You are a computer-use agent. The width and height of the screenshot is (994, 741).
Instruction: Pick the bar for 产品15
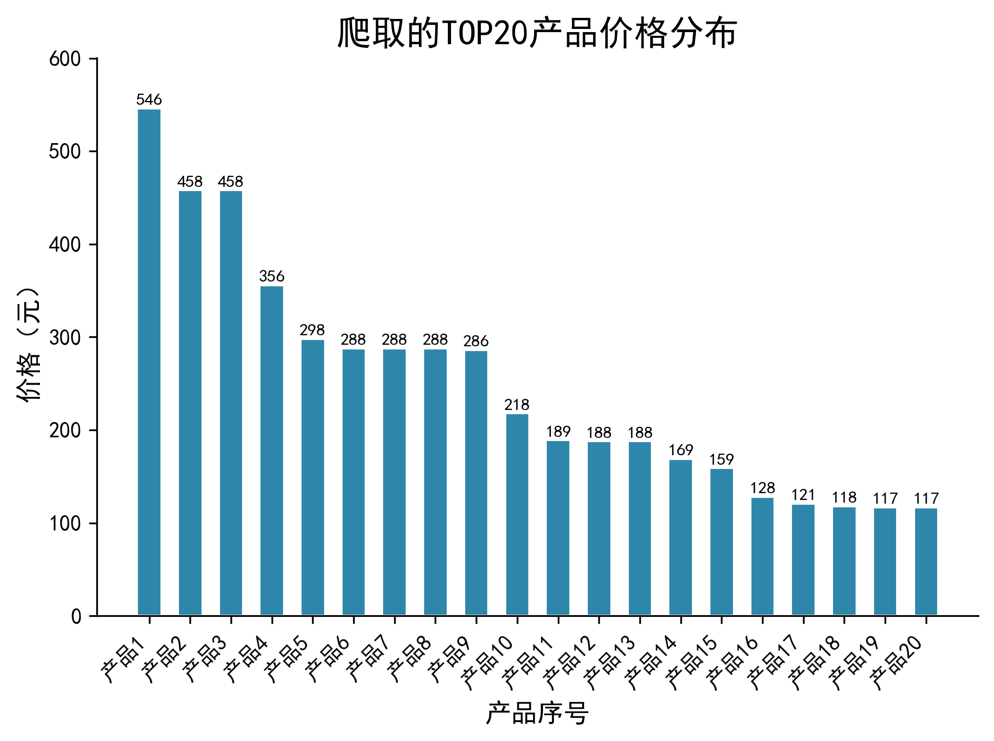(721, 542)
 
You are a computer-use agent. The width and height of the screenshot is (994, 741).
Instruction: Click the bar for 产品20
(926, 562)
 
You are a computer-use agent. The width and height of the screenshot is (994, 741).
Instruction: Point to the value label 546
(149, 99)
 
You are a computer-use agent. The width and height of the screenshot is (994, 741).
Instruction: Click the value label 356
(272, 276)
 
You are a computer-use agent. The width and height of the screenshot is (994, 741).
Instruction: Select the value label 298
(313, 330)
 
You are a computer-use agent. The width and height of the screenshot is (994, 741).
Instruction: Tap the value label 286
(476, 341)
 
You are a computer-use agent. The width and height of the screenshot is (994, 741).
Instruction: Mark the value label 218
(517, 405)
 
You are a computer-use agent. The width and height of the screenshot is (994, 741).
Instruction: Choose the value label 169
(681, 450)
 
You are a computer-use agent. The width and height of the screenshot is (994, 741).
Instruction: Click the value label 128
(762, 488)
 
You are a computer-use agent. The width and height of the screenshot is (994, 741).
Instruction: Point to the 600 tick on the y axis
(65, 59)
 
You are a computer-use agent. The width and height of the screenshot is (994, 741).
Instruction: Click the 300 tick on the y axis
(65, 337)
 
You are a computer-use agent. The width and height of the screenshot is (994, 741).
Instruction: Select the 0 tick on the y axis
(76, 616)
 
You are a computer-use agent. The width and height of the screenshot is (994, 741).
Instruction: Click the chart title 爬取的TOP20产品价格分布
(537, 33)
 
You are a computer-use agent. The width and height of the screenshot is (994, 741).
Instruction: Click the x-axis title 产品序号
(537, 714)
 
